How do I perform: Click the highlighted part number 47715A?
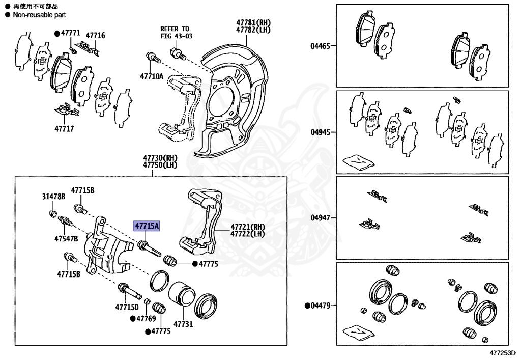147,226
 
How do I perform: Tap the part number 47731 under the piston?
184,324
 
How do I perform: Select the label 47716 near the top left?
95,35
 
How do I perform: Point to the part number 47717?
64,129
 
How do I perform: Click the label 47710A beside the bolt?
152,77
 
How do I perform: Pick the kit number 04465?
321,46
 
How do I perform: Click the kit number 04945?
321,132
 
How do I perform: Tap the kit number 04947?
321,218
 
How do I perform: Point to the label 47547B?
66,238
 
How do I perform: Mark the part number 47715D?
127,307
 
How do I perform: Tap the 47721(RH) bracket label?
248,227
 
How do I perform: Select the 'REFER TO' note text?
175,29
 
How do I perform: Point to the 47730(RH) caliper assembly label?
161,158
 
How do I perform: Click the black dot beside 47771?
57,33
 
